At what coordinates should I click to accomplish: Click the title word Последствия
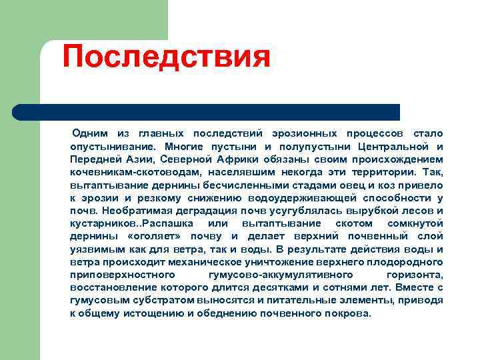click(x=166, y=57)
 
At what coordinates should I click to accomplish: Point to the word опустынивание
click(x=111, y=147)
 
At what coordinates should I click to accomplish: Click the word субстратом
click(x=147, y=299)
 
